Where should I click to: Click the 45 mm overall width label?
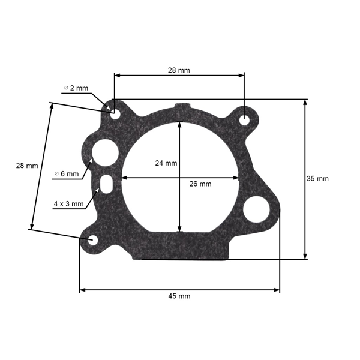pos(180,296)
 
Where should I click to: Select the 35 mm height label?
pos(317,179)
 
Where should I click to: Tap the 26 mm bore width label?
pos(200,184)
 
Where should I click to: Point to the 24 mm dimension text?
pos(166,163)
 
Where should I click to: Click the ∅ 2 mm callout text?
pos(76,88)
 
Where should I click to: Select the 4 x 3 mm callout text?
pos(68,204)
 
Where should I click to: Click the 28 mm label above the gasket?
pos(179,70)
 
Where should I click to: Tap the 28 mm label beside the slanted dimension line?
pos(27,165)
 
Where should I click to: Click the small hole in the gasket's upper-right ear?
pos(245,120)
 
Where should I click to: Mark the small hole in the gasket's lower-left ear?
pos(93,240)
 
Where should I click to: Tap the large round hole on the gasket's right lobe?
pos(256,208)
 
